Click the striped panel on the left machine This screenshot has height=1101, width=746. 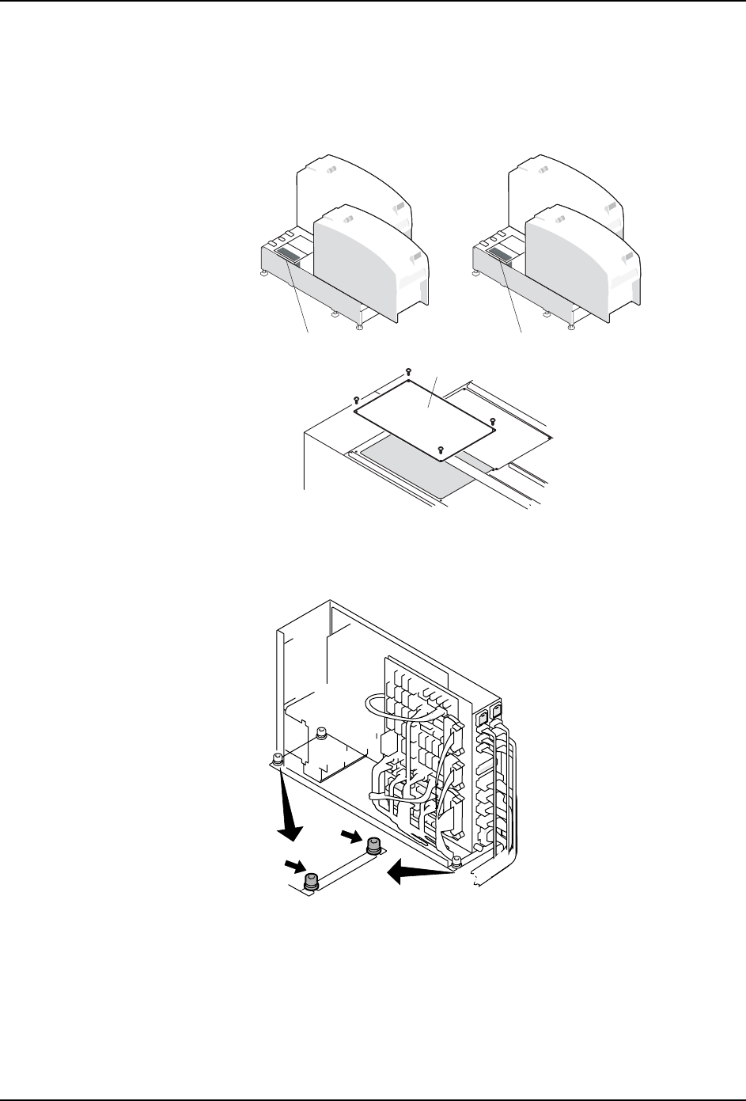tap(287, 255)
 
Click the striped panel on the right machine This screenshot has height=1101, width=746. tap(500, 255)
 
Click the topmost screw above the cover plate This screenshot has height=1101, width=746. tap(408, 370)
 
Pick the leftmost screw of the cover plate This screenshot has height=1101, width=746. tap(356, 398)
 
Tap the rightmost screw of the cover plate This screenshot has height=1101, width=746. tap(492, 420)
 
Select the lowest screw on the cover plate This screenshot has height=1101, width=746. tap(440, 449)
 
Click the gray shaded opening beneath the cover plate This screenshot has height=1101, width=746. tap(411, 467)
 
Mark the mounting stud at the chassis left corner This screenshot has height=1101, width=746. tap(277, 760)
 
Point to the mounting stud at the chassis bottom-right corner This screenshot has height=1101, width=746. tap(456, 861)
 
